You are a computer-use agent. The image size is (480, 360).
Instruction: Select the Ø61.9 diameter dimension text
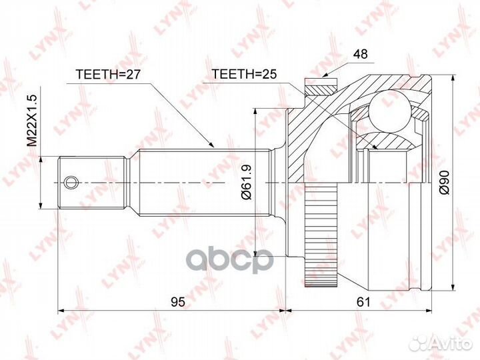pyautogui.click(x=245, y=181)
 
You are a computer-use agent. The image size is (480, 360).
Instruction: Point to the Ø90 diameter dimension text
pyautogui.click(x=445, y=181)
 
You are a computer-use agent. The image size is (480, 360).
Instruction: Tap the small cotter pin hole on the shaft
pyautogui.click(x=70, y=181)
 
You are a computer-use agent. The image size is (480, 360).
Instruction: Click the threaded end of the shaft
pyautogui.click(x=93, y=181)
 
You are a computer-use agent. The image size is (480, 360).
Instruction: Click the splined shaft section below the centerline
pyautogui.click(x=200, y=200)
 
